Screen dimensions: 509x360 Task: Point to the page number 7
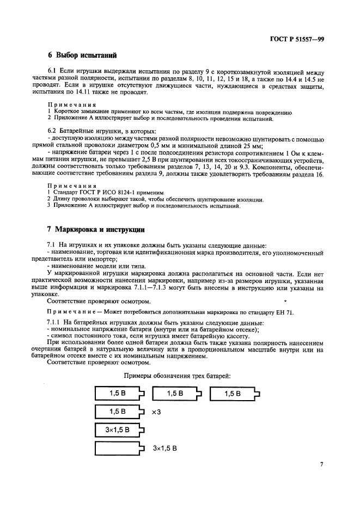click(x=322, y=464)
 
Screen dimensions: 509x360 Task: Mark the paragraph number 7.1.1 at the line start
click(x=56, y=323)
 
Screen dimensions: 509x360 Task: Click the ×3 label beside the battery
click(x=156, y=412)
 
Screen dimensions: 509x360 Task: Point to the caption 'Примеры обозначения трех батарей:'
click(x=178, y=376)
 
